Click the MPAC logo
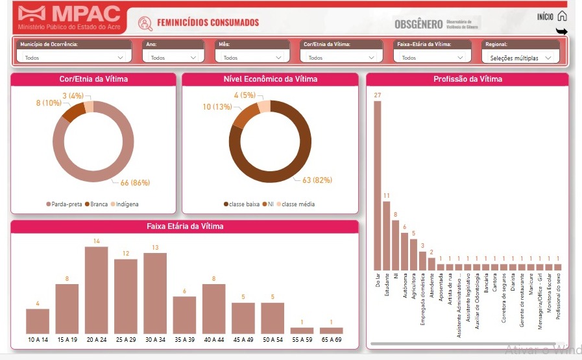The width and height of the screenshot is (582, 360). (x=69, y=18)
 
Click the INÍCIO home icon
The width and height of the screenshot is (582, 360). (x=562, y=16)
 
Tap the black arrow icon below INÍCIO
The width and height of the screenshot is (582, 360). (x=562, y=31)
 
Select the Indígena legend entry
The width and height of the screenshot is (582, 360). (x=124, y=204)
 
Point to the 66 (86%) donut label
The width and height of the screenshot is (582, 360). (x=135, y=183)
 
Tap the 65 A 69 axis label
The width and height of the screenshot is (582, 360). (x=331, y=340)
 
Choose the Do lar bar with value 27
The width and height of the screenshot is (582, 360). (x=378, y=186)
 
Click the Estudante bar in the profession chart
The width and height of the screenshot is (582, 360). (x=387, y=235)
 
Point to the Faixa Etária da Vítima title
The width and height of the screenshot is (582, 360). (x=184, y=226)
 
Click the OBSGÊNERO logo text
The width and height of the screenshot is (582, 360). (x=418, y=24)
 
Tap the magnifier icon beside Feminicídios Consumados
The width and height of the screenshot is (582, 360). (x=145, y=23)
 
